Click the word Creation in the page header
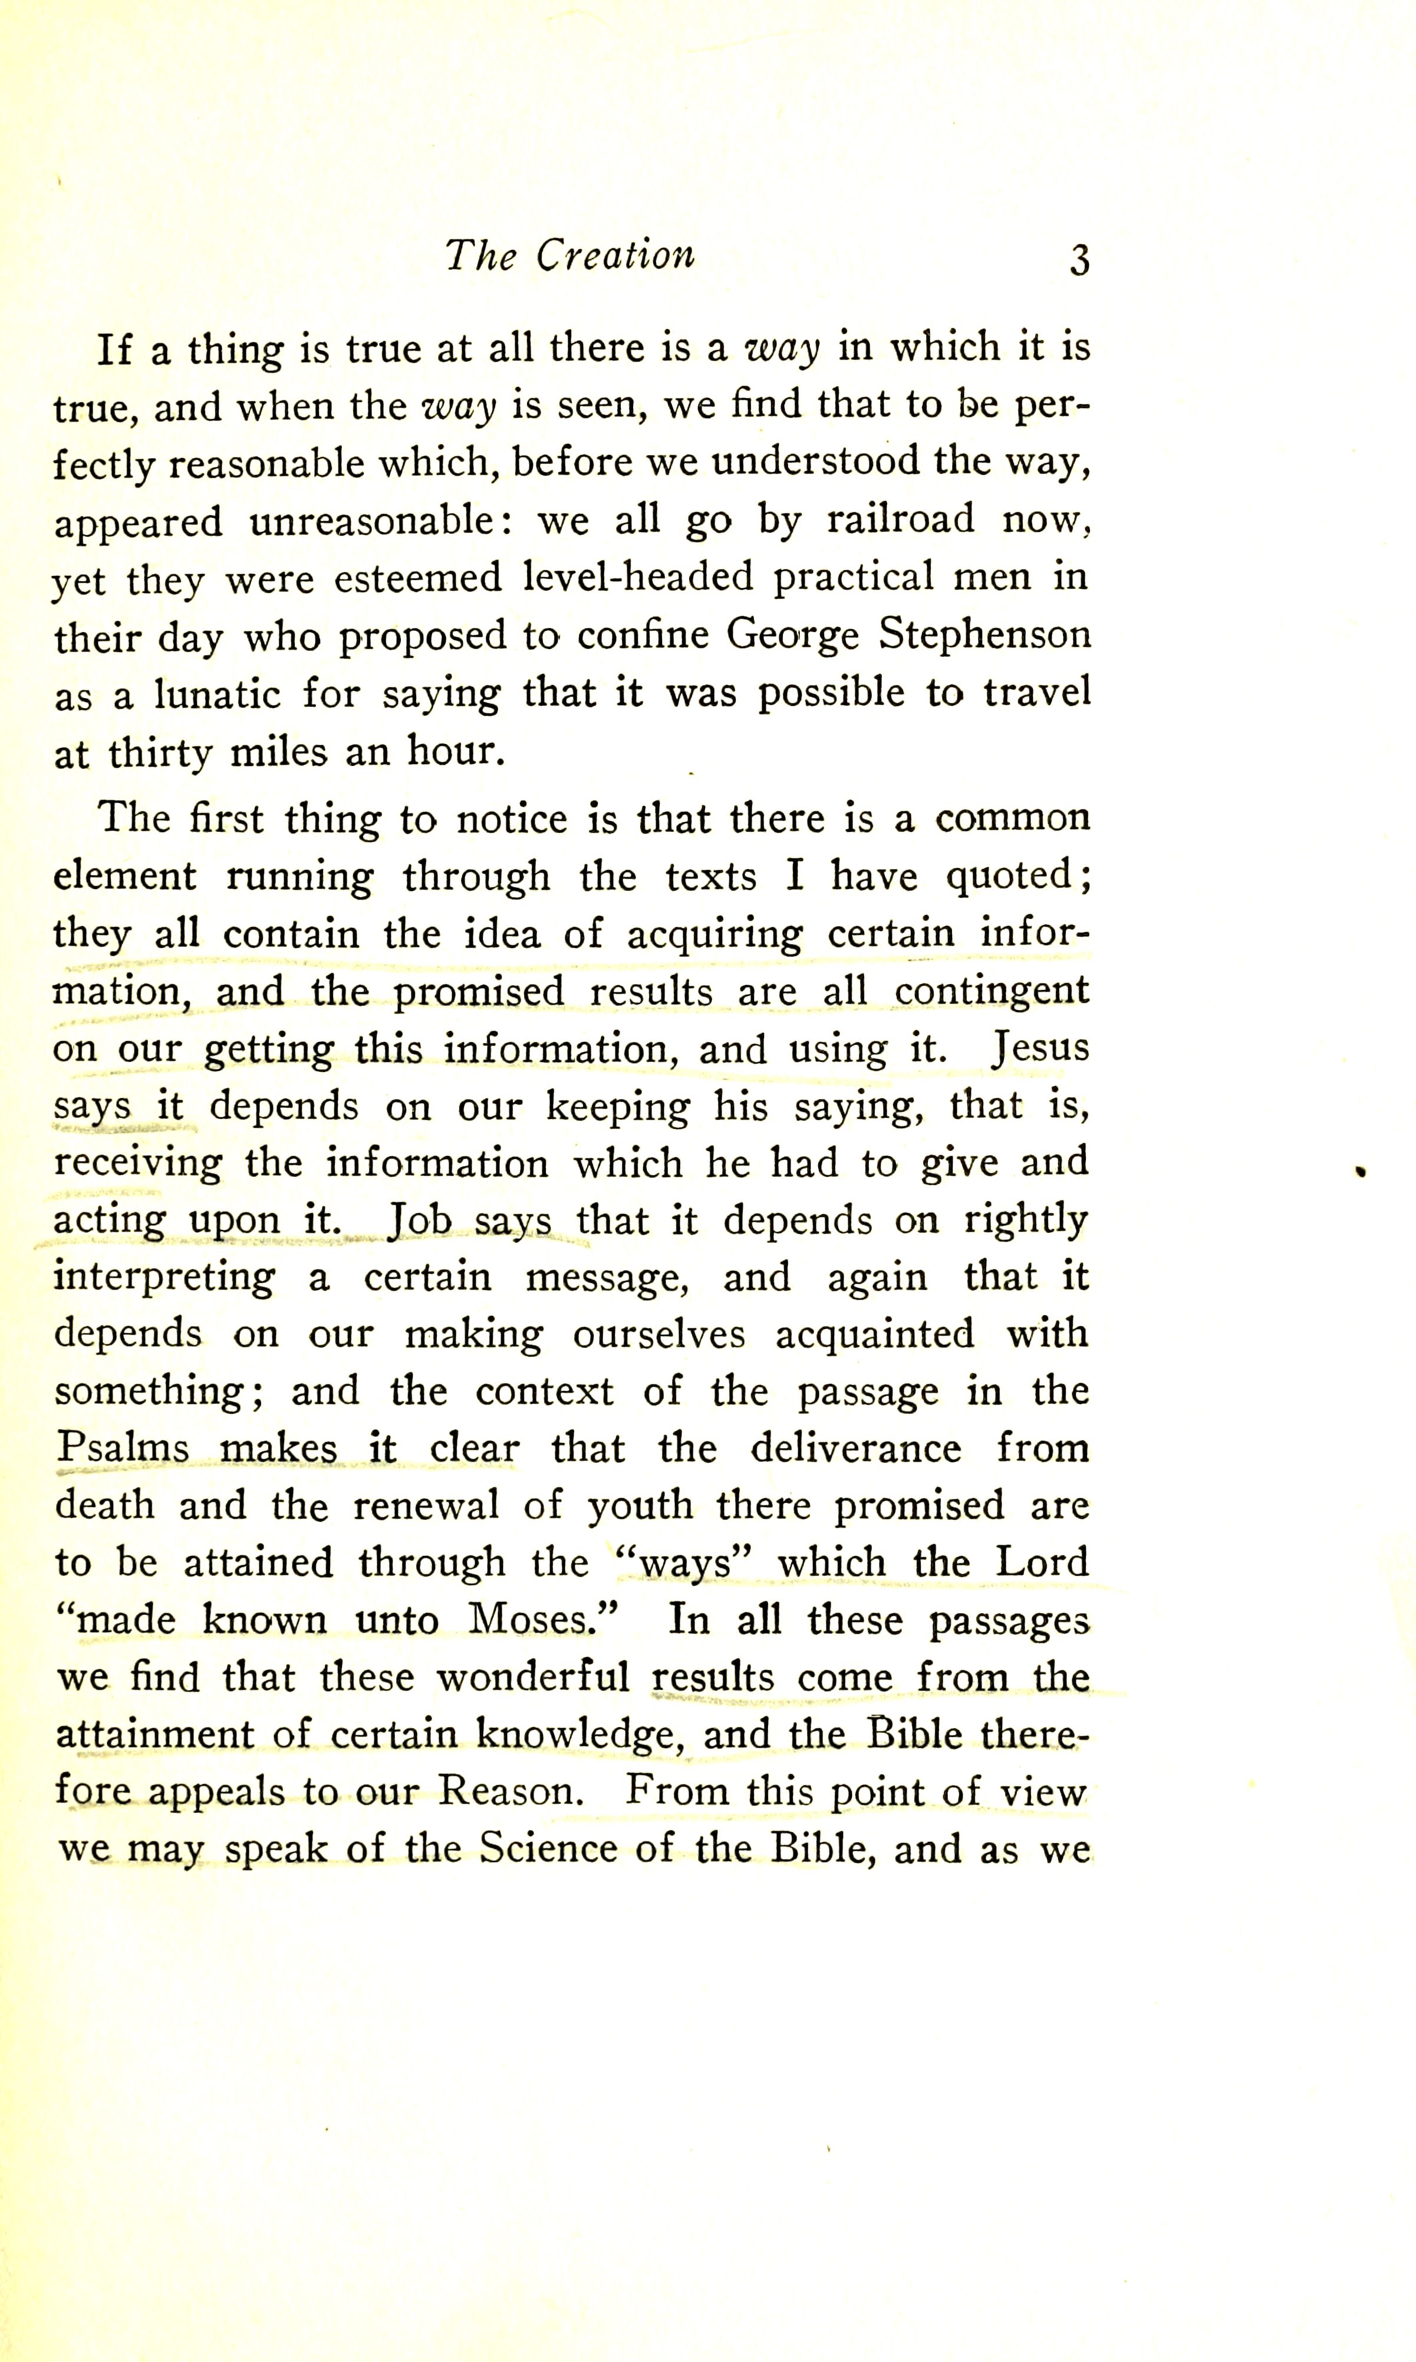click(x=615, y=255)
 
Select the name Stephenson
click(x=984, y=634)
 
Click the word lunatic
click(x=218, y=694)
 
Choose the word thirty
click(x=159, y=754)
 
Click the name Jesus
click(x=1040, y=1048)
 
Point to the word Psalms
click(x=122, y=1449)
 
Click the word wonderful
click(x=534, y=1677)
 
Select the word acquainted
click(x=874, y=1334)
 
